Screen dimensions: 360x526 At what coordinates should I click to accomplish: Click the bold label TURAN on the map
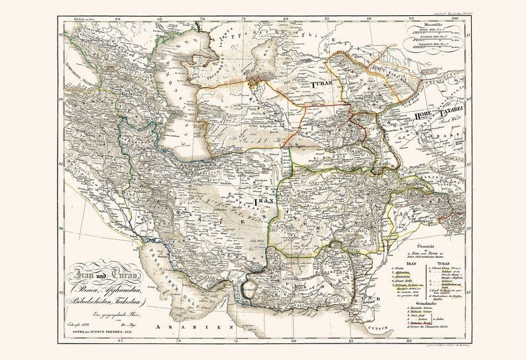click(x=321, y=86)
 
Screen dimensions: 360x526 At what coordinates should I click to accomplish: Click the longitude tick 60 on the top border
click(x=117, y=18)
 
